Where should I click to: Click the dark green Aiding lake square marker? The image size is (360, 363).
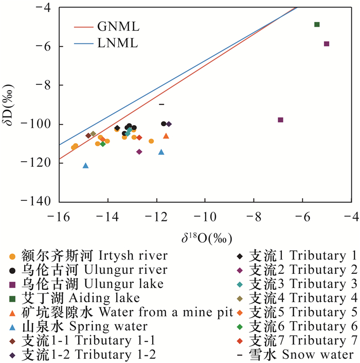pos(317,24)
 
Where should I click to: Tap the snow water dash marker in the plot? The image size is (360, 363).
pos(161,105)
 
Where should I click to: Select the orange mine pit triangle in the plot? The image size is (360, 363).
pos(166,136)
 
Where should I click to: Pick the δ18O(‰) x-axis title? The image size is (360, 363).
pos(206,238)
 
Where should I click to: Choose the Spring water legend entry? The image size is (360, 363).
pos(85,326)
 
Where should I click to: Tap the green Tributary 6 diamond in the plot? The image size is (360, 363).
pos(103,144)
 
